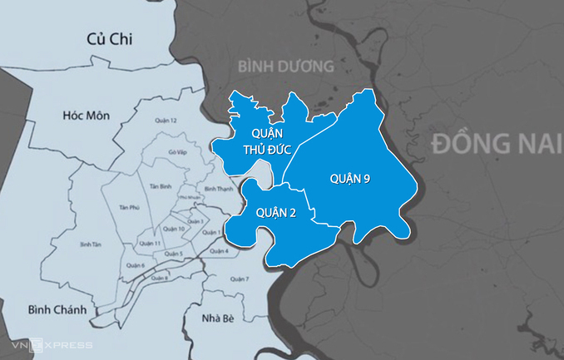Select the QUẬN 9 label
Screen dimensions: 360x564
click(x=350, y=178)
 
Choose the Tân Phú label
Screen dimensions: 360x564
click(x=128, y=207)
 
